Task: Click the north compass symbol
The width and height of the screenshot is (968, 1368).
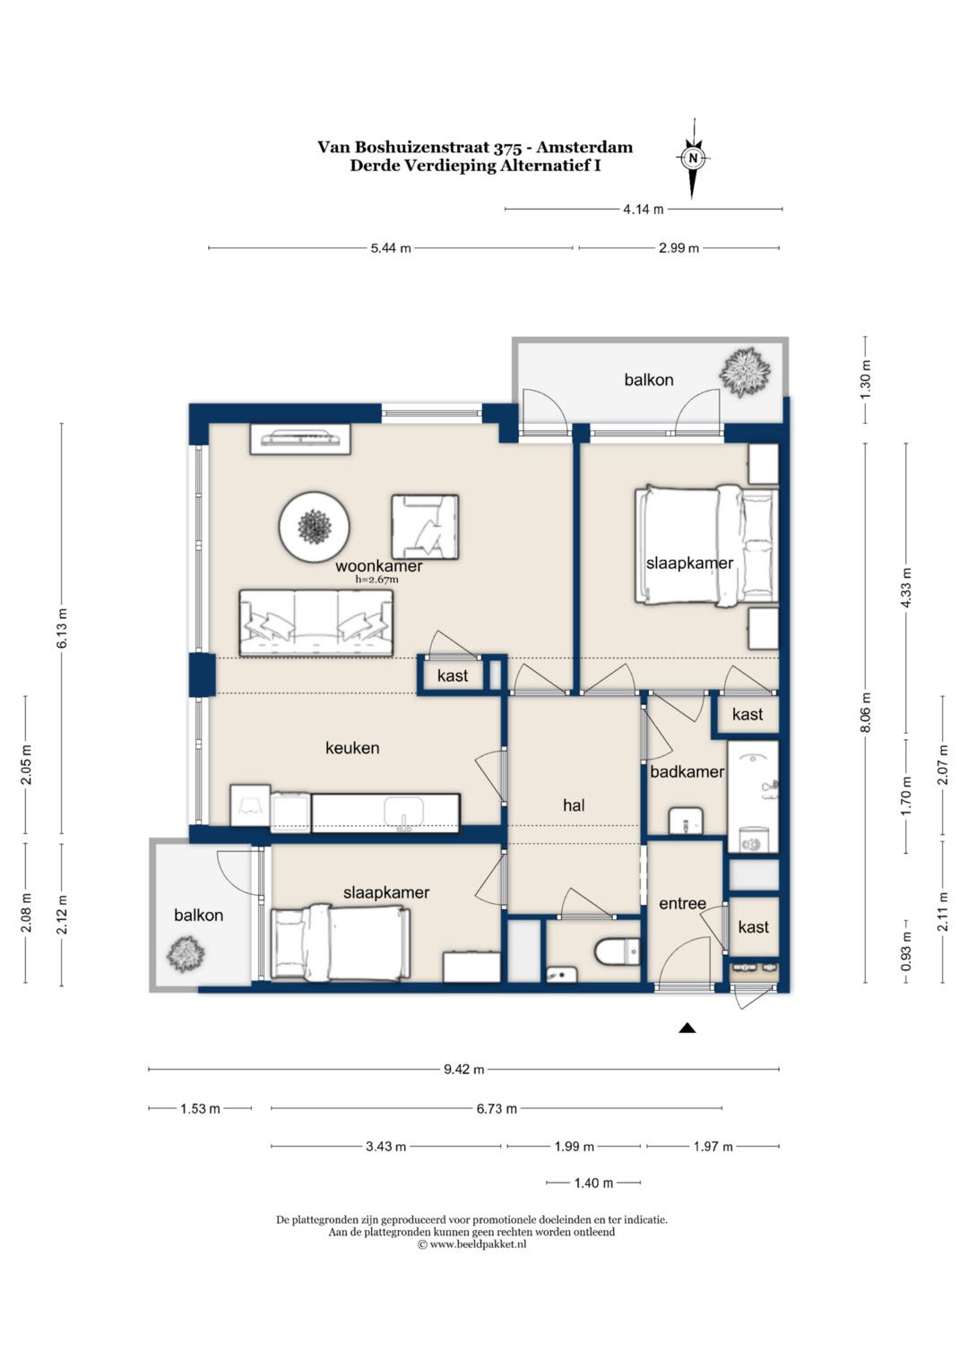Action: (693, 159)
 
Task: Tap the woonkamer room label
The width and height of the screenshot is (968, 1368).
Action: (379, 565)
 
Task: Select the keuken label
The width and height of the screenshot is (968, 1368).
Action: (352, 747)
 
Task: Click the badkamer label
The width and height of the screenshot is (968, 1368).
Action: (687, 772)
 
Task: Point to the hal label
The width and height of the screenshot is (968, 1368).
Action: (574, 805)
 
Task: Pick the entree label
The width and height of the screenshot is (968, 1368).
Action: (682, 903)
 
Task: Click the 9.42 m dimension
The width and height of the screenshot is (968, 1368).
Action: (464, 1070)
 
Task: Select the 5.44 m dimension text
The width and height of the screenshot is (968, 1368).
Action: (391, 248)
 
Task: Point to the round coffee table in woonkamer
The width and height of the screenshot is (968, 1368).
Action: (315, 527)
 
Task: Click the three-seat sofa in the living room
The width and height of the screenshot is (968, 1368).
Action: (315, 623)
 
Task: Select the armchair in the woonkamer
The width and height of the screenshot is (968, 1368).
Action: (425, 527)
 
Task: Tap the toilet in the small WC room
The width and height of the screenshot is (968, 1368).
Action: (618, 952)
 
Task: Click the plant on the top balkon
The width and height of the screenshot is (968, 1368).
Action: (744, 372)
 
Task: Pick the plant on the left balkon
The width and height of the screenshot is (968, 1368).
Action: (186, 954)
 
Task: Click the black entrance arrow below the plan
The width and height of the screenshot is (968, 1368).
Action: (687, 1028)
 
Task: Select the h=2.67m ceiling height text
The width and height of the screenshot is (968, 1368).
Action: (376, 580)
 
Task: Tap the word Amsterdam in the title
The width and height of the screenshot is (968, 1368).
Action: (584, 147)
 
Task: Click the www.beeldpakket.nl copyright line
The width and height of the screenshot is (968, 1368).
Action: (471, 1244)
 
